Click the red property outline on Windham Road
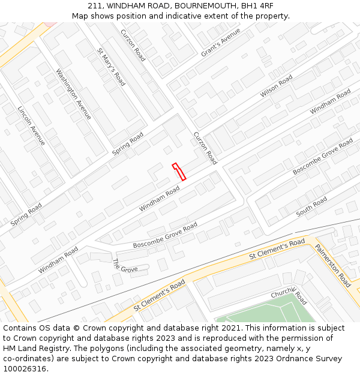[179, 172]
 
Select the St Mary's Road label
[111, 67]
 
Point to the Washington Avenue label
[73, 94]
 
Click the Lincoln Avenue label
[31, 126]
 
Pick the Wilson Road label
[276, 86]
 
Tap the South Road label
[311, 206]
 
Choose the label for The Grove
[125, 265]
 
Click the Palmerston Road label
[333, 265]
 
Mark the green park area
[264, 313]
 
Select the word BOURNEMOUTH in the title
[203, 6]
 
